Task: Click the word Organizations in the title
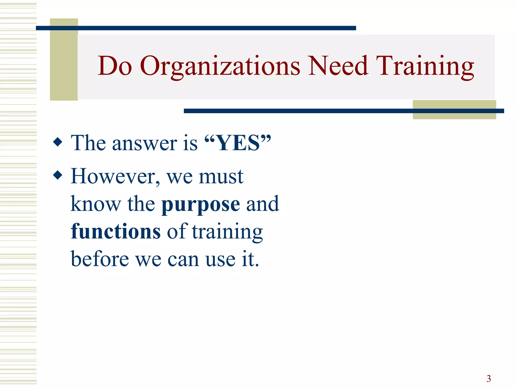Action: point(220,66)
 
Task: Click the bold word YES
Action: point(238,143)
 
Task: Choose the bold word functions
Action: point(116,231)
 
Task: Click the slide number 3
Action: point(489,378)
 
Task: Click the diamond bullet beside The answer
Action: point(58,142)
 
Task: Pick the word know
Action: point(96,204)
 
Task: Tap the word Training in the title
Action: point(425,66)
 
